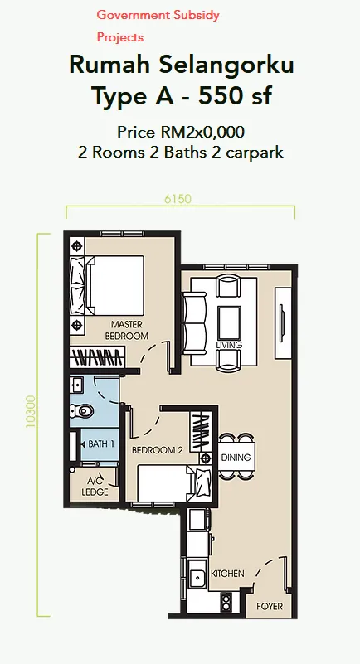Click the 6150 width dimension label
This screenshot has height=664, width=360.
coord(178,199)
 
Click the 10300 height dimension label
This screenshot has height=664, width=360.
coord(31,412)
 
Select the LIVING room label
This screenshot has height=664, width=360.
coord(229,345)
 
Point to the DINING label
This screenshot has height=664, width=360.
coord(236,458)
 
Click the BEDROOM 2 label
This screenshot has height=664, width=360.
coord(158,451)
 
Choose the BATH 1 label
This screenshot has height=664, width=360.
coord(102,444)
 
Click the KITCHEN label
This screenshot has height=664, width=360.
coord(227,574)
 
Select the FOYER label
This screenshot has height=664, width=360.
coord(270,607)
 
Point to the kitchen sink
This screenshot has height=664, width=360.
coord(197,578)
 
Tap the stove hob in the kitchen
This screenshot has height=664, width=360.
coord(226,602)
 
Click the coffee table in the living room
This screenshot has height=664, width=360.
coord(229,322)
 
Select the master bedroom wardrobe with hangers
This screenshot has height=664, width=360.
coord(97,357)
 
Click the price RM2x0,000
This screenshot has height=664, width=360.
coord(202,133)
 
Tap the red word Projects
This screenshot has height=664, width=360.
coord(120,37)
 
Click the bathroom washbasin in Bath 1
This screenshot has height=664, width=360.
coord(78,385)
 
